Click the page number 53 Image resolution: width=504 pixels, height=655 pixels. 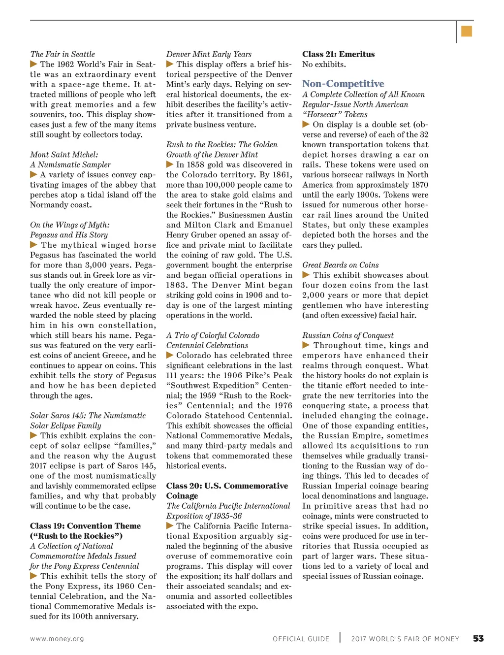click(x=478, y=639)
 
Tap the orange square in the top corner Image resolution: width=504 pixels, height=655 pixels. click(x=467, y=32)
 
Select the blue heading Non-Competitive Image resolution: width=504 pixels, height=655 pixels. click(x=343, y=84)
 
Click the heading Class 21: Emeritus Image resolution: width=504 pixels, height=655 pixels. click(x=338, y=54)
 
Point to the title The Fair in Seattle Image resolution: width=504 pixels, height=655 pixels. click(x=63, y=54)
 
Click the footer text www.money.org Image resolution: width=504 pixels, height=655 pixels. click(x=57, y=639)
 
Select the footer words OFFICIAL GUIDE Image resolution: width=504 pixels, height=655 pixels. click(x=301, y=639)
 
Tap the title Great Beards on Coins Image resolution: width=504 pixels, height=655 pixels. click(x=341, y=265)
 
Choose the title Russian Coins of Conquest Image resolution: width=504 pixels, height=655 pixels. click(x=348, y=335)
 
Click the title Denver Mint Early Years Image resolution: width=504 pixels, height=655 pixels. click(x=209, y=54)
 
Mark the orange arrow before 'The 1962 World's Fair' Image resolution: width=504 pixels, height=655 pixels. click(x=33, y=64)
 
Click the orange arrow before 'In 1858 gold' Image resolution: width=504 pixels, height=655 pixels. click(x=170, y=164)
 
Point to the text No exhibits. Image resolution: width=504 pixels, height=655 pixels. click(x=324, y=65)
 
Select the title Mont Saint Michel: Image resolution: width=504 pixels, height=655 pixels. click(x=64, y=155)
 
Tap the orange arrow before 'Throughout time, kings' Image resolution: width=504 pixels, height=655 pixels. click(x=306, y=345)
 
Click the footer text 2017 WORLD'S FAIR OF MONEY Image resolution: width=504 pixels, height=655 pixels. click(x=405, y=639)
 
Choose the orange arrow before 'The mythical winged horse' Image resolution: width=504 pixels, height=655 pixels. click(x=33, y=245)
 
